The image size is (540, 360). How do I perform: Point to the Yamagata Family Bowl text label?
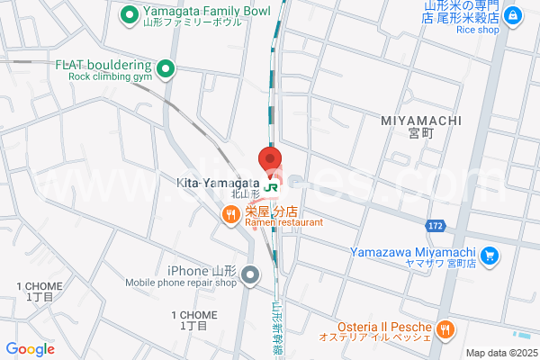(193, 13)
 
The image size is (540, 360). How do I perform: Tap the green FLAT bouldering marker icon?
(166, 66)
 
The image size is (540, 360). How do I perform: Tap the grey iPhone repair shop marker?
(250, 273)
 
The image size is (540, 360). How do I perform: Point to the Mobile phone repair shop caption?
(180, 283)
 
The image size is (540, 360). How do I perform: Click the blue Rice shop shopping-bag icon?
(512, 14)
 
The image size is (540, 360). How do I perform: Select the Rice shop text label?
(477, 30)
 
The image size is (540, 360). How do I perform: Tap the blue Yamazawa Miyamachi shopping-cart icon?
(490, 256)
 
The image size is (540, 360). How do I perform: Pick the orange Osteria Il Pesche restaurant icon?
(444, 329)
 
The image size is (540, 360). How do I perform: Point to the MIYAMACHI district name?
(420, 121)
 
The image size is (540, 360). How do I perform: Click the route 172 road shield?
(436, 222)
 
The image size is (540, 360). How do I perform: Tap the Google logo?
(31, 349)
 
